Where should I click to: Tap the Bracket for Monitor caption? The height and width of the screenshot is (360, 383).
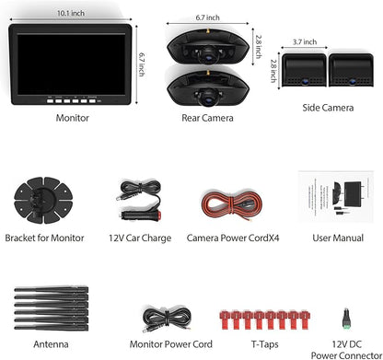(x=44, y=238)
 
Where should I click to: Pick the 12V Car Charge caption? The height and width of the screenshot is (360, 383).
(x=138, y=238)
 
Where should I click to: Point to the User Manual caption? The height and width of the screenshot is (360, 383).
(x=335, y=238)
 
